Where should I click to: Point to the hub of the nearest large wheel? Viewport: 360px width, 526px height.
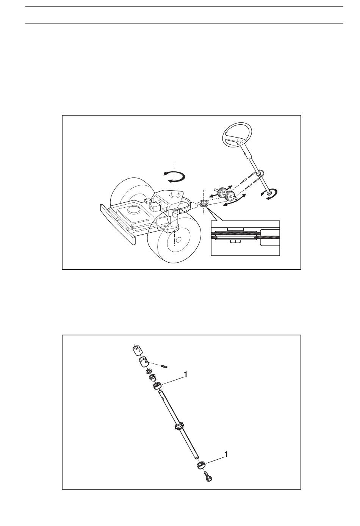coord(178,240)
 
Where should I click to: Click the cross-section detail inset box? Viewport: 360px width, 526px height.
coord(246,238)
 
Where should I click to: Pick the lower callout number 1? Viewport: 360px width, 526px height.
coord(226,454)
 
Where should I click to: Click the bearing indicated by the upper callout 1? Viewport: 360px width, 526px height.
coord(157,386)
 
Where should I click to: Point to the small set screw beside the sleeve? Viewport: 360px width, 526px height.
coord(163,366)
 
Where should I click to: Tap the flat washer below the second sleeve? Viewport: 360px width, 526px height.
coord(149,372)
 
